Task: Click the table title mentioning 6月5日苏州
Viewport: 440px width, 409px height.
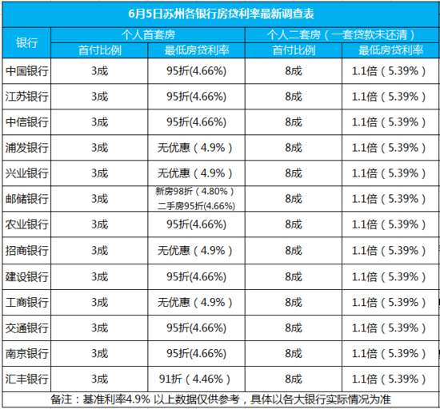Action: point(221,14)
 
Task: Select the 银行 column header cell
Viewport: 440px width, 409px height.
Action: point(26,43)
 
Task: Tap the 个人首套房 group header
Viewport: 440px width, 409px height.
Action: point(148,35)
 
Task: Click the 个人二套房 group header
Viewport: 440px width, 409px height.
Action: point(342,35)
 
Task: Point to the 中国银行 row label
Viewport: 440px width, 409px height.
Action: point(26,71)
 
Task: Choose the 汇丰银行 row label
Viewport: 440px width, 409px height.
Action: point(26,379)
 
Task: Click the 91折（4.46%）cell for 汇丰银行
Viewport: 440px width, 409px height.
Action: point(195,379)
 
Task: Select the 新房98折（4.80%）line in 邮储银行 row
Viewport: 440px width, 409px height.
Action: point(195,192)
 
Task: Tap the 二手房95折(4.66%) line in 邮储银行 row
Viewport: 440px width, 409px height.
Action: point(196,206)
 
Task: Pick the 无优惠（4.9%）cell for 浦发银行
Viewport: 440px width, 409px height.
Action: point(195,148)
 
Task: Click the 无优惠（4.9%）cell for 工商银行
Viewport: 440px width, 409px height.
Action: point(195,302)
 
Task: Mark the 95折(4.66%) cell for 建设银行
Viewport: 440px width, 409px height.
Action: point(196,276)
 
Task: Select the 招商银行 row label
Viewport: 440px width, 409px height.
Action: point(26,251)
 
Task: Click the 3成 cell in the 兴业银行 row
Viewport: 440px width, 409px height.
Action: point(99,173)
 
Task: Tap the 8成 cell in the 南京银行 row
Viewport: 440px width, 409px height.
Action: point(294,354)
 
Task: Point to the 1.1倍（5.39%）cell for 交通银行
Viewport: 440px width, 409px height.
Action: point(390,328)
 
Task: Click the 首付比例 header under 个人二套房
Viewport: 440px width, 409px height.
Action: point(294,50)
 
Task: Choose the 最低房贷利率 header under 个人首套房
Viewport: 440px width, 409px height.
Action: point(197,50)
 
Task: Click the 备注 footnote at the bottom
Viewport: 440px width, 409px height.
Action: point(221,399)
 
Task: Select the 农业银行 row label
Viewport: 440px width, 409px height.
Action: point(26,224)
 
